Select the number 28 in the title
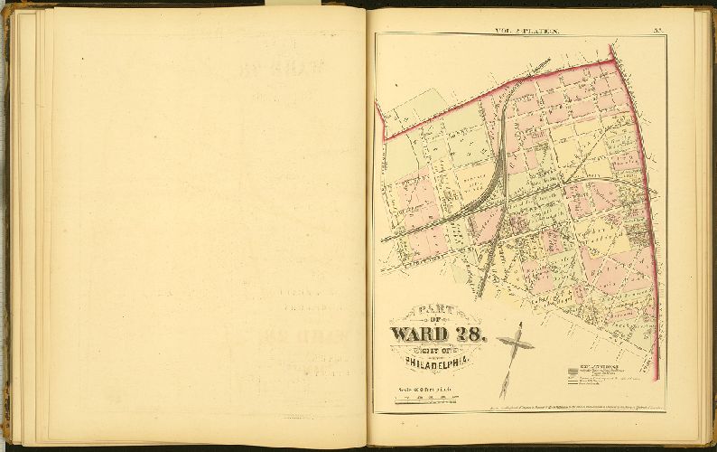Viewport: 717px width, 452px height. coord(470,334)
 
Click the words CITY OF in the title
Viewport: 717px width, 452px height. coord(437,349)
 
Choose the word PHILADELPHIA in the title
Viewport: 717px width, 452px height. coord(436,363)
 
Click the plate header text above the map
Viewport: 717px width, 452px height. coord(526,31)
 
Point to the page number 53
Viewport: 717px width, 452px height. coord(658,31)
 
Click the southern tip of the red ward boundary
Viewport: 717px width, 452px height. coord(657,380)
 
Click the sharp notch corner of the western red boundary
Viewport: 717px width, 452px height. coord(386,138)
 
